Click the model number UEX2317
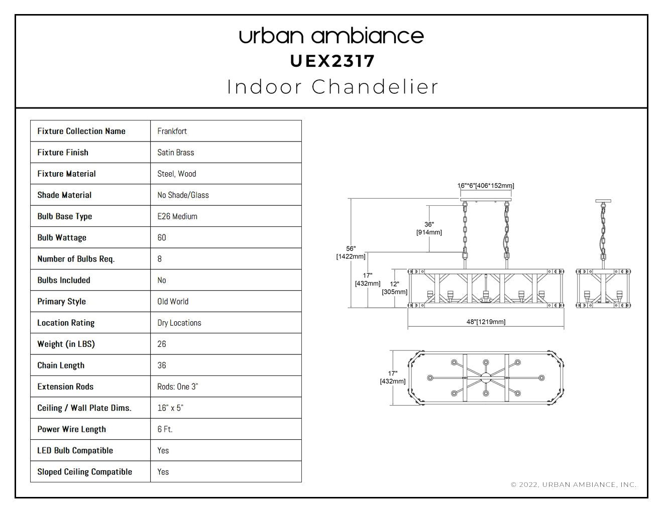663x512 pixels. point(332,61)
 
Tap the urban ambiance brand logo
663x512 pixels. point(331,36)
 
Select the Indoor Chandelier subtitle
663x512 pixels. point(333,87)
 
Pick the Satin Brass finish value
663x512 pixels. point(176,153)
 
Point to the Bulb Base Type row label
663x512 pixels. point(65,216)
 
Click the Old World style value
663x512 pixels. point(173,302)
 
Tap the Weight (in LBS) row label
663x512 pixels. point(66,344)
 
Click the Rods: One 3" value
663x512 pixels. point(178,387)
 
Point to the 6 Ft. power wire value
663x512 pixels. point(165,429)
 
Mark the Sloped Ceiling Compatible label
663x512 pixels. point(85,472)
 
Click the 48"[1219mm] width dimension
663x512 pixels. point(486,322)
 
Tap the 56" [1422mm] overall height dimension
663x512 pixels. point(351,252)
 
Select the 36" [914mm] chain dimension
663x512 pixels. point(429,228)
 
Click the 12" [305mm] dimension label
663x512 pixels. point(394,288)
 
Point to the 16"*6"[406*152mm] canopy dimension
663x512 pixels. point(486,186)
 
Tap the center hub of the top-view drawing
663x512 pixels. point(486,378)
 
